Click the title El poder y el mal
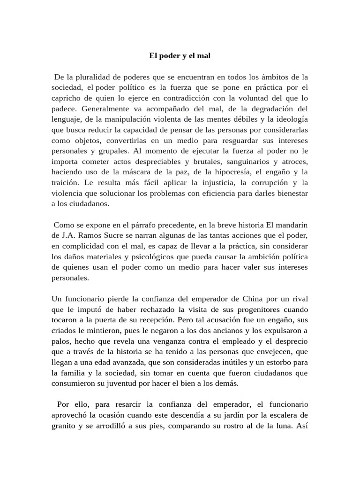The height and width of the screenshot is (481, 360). (180, 56)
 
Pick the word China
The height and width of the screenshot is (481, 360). (255, 299)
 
